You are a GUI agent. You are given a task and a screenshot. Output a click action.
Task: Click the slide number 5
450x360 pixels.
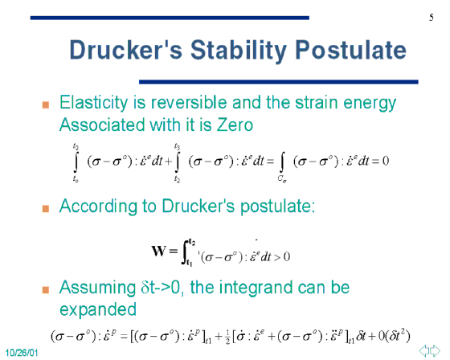point(432,18)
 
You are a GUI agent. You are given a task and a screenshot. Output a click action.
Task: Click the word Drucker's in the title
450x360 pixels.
point(126,50)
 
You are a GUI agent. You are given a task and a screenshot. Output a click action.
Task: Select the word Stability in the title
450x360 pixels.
point(238,51)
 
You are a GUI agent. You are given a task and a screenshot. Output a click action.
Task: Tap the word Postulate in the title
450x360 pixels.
point(350,50)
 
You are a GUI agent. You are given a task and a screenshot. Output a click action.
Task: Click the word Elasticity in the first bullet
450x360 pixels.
point(93,103)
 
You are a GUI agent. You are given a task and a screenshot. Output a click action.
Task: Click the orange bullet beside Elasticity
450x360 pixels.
point(46,104)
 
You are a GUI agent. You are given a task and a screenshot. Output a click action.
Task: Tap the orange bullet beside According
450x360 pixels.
point(46,208)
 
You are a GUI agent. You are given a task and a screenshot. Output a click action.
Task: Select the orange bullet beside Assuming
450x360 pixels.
point(46,289)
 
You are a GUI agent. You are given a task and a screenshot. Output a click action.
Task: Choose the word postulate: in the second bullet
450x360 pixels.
point(277,207)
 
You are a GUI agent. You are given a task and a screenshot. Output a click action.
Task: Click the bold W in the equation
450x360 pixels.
point(158,251)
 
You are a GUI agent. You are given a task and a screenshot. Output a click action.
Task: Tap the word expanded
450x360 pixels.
point(98,310)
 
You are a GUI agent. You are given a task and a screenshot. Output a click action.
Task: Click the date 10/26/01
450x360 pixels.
point(22,353)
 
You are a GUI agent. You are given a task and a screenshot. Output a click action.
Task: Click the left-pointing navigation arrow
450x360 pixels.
point(424,351)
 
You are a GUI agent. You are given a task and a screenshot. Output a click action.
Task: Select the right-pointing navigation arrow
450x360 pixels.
point(435,351)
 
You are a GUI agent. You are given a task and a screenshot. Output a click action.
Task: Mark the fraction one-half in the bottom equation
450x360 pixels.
point(227,337)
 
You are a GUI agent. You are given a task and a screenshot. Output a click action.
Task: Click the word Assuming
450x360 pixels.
point(97,288)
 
